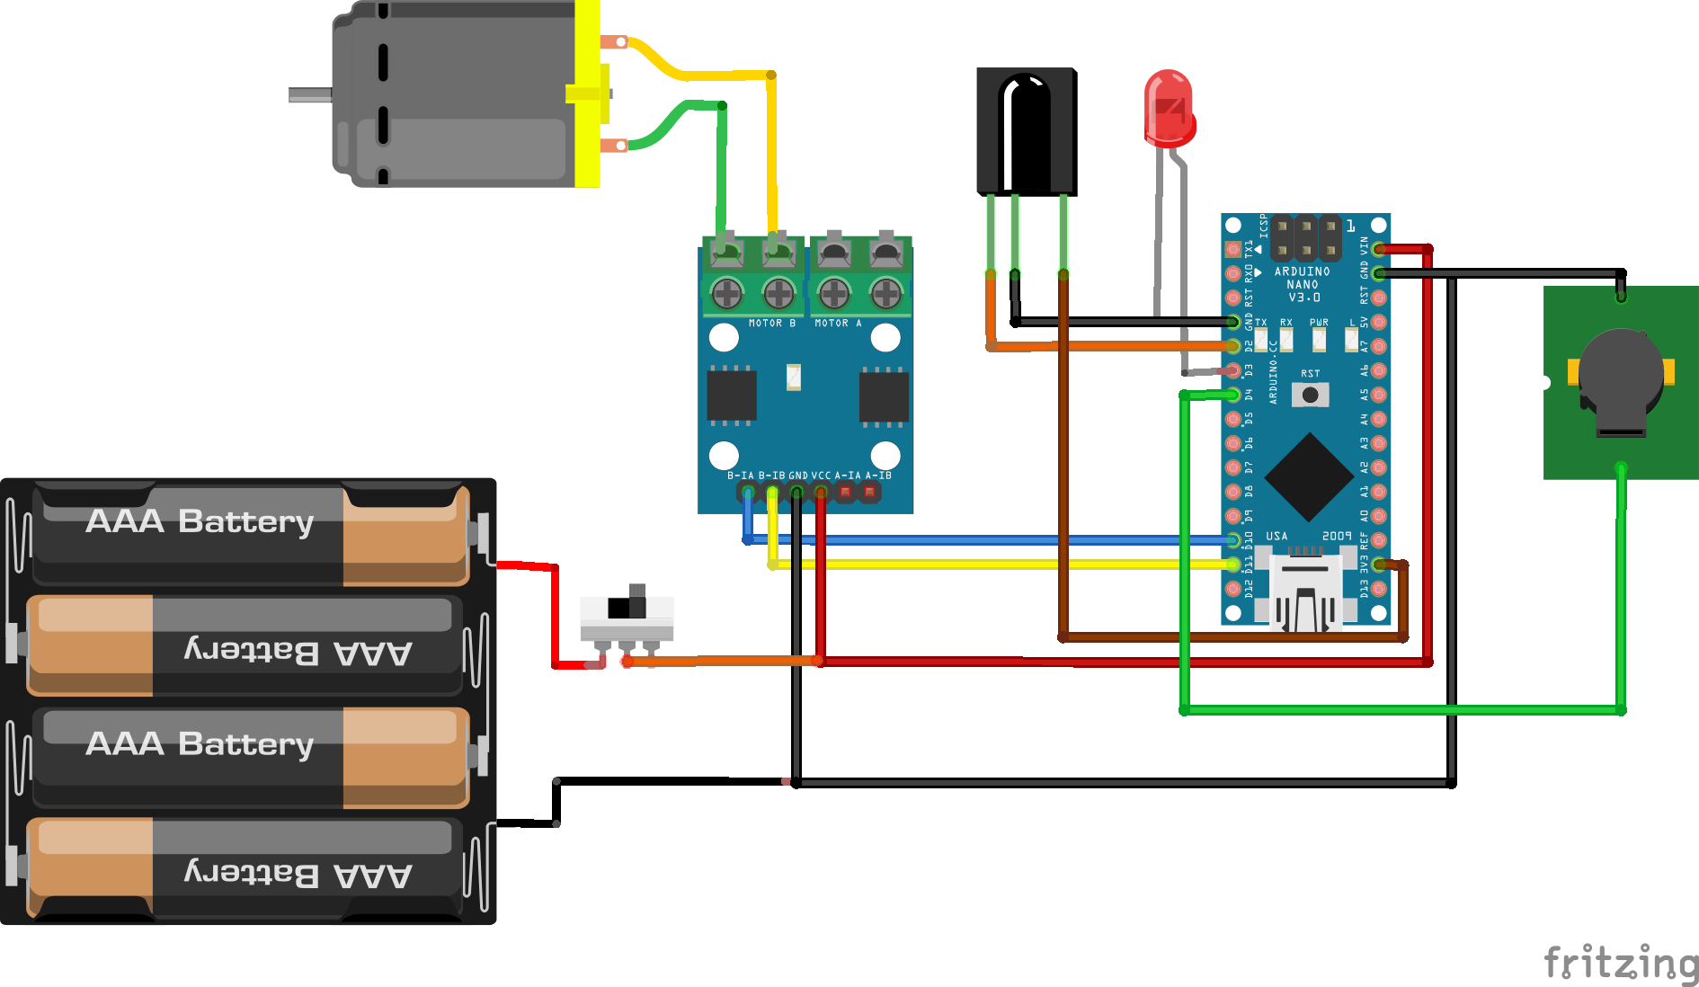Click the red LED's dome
[1169, 106]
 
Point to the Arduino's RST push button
[1310, 395]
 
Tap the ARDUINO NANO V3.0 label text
[1303, 284]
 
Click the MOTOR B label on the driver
[771, 324]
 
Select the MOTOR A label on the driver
[838, 324]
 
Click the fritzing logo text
[1621, 964]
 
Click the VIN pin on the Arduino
[1379, 249]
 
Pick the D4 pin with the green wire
[1233, 395]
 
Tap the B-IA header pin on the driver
[747, 492]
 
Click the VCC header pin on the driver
[821, 492]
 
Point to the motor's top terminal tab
[615, 41]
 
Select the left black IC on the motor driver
[732, 396]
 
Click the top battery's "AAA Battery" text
[200, 521]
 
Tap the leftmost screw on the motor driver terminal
[726, 292]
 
